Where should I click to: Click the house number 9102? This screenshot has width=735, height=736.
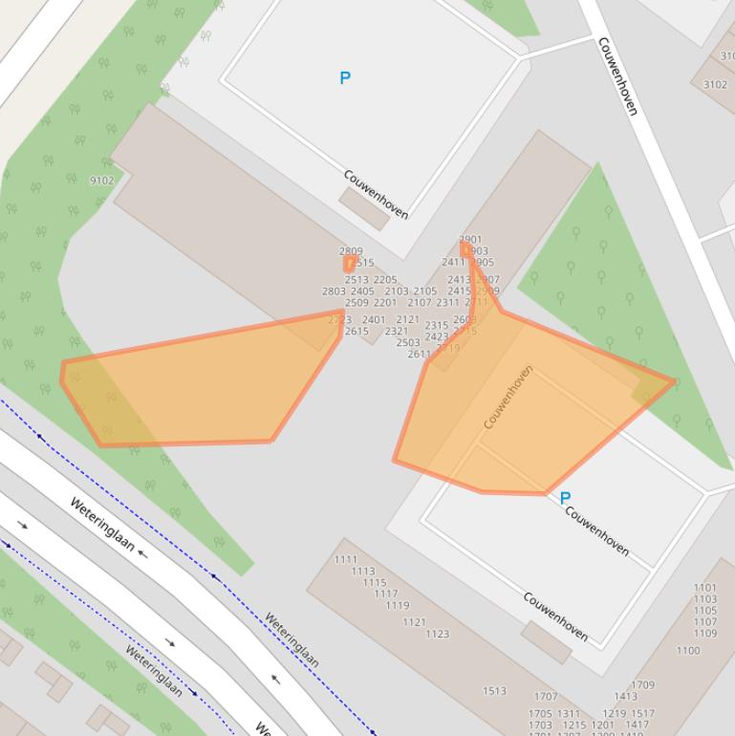click(x=101, y=180)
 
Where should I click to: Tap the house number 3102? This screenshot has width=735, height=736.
click(x=714, y=84)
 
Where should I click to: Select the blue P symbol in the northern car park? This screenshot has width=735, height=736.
click(x=345, y=77)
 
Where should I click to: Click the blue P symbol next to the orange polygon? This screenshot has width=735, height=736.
click(x=565, y=498)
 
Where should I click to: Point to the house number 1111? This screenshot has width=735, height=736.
click(x=345, y=559)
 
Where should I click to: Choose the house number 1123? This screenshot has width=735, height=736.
click(x=437, y=634)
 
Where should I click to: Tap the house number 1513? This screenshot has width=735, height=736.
click(x=494, y=691)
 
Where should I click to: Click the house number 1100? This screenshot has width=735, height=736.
click(x=688, y=651)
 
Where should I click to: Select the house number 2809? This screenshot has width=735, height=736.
click(x=351, y=251)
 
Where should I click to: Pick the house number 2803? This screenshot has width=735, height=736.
click(x=334, y=292)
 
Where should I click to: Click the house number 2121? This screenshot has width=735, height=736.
click(x=407, y=319)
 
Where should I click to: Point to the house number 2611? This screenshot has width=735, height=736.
click(x=419, y=354)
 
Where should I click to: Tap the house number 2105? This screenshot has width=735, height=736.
click(x=425, y=292)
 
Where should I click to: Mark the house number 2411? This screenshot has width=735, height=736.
click(x=453, y=262)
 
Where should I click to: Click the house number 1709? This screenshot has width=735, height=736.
click(x=643, y=684)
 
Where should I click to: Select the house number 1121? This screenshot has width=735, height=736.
click(x=414, y=622)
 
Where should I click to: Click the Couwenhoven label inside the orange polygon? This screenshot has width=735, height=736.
click(x=508, y=397)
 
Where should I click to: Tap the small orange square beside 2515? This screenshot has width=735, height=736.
click(x=350, y=263)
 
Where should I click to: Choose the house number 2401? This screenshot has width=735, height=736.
click(x=374, y=320)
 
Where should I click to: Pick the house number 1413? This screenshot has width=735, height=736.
click(x=625, y=696)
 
